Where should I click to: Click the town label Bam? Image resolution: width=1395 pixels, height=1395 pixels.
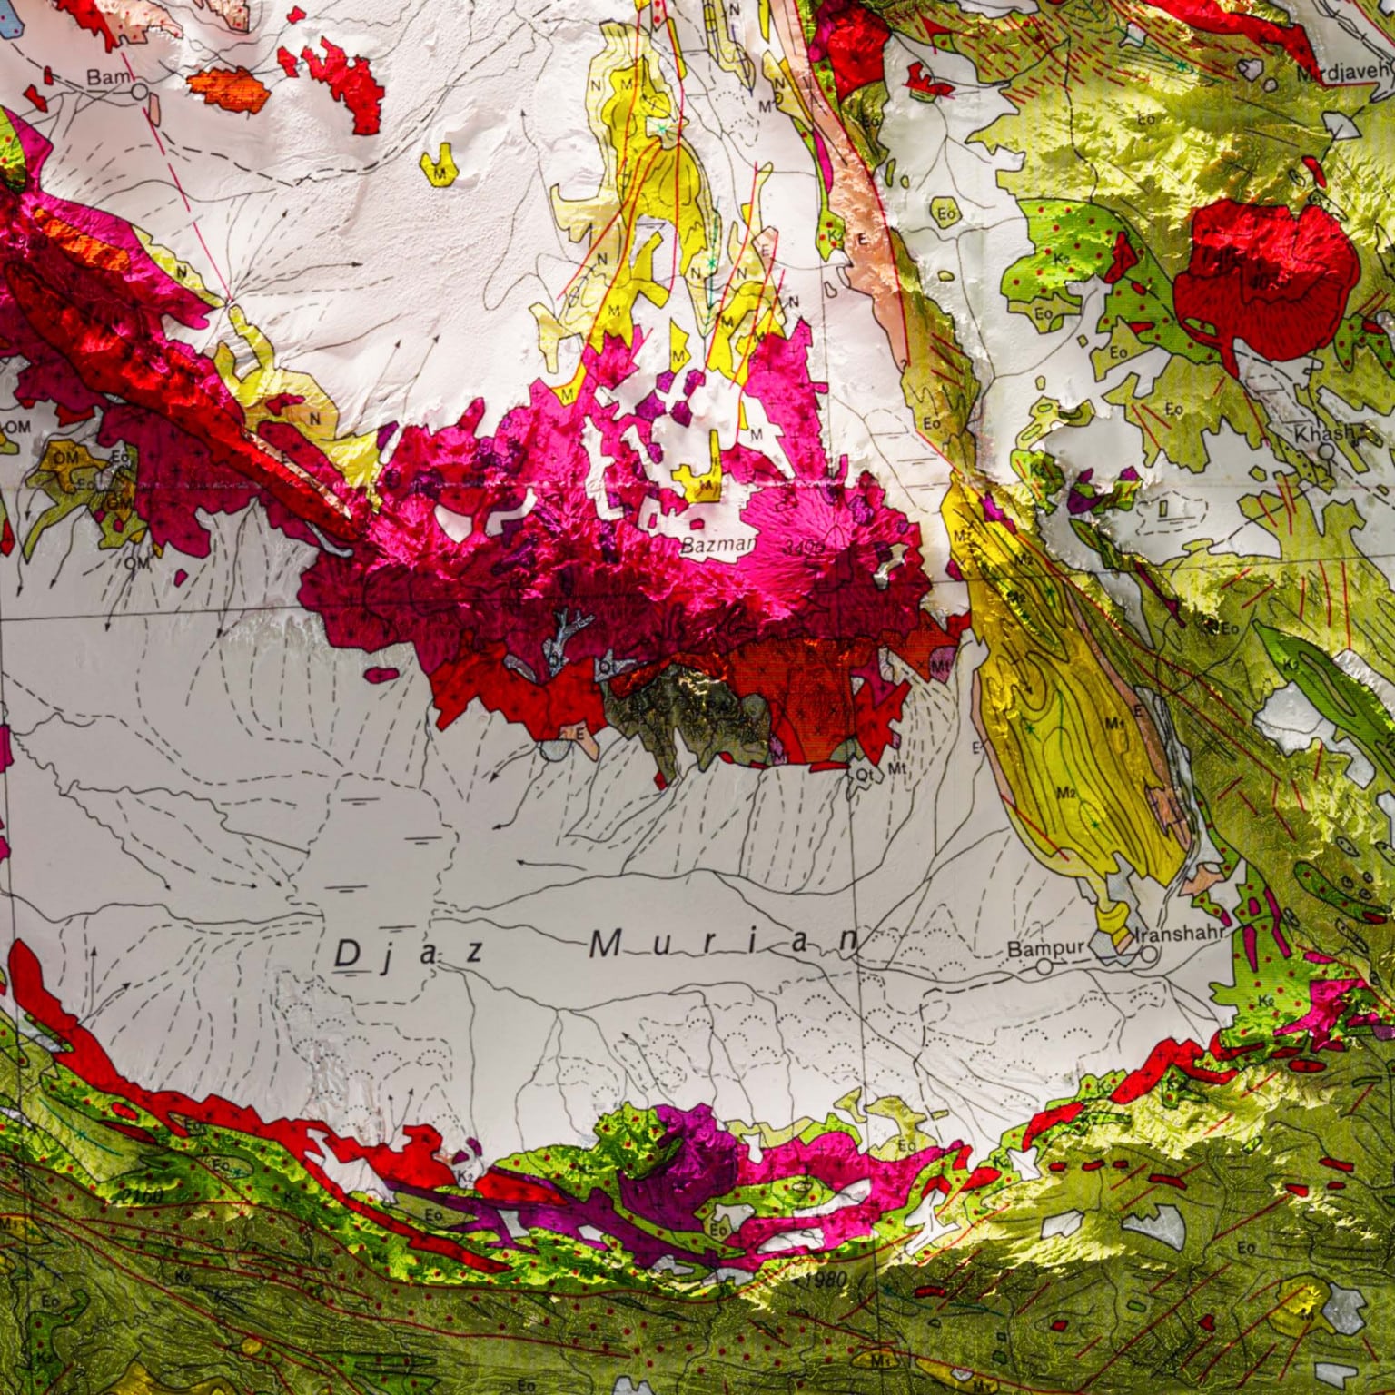(104, 78)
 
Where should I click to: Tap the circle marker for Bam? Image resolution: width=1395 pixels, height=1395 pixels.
(139, 91)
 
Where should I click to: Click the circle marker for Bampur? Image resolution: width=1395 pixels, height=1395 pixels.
(1044, 967)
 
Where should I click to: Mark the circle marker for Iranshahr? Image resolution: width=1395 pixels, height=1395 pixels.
(1150, 955)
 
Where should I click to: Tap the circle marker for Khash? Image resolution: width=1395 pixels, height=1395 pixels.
(1327, 450)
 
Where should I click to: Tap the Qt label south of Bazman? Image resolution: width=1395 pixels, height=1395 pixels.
(865, 775)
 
